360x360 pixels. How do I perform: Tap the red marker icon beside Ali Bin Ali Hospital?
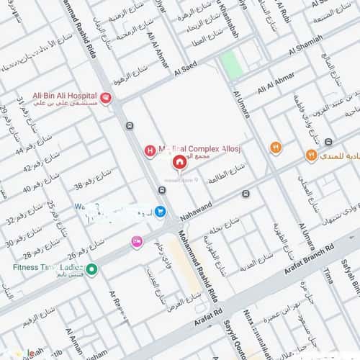[x=106, y=98]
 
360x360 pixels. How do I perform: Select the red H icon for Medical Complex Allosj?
[x=150, y=150]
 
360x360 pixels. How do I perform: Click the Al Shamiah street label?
[x=306, y=51]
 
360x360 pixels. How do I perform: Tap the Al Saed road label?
[x=186, y=70]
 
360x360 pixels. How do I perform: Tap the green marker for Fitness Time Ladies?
[x=92, y=269]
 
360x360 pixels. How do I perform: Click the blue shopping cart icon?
[x=160, y=212]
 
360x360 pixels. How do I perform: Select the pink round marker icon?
[x=136, y=242]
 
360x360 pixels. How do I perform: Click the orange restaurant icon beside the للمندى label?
[x=311, y=155]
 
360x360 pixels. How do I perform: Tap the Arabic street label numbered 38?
[x=86, y=186]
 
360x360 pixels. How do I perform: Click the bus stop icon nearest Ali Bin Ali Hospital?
[x=129, y=126]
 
